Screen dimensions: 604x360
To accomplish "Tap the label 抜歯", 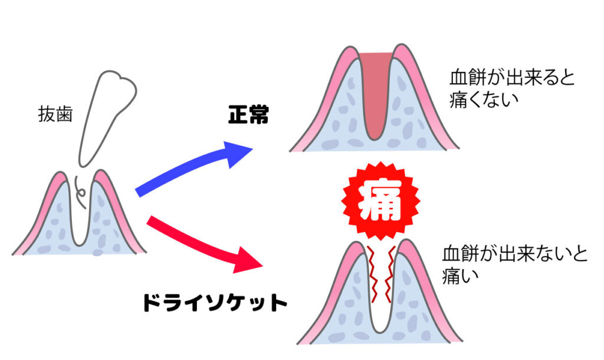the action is pos(55,114).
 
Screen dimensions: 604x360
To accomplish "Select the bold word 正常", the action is pos(248,114).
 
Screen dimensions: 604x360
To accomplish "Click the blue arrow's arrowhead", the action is pos(237,153).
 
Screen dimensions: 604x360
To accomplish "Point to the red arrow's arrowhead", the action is pos(247,260).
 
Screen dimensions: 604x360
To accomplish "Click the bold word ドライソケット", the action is pos(215,303).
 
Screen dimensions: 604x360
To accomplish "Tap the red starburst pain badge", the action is pos(380,201).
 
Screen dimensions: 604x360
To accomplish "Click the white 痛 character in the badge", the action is pos(380,201).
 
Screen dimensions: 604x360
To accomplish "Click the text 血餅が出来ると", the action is pos(511,78).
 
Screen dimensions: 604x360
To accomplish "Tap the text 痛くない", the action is pos(484,100).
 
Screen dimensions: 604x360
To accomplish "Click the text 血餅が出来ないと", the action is pos(514,254).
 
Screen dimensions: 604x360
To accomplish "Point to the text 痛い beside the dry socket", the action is pos(460,275).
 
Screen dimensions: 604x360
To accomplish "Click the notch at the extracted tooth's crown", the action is pos(120,78).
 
